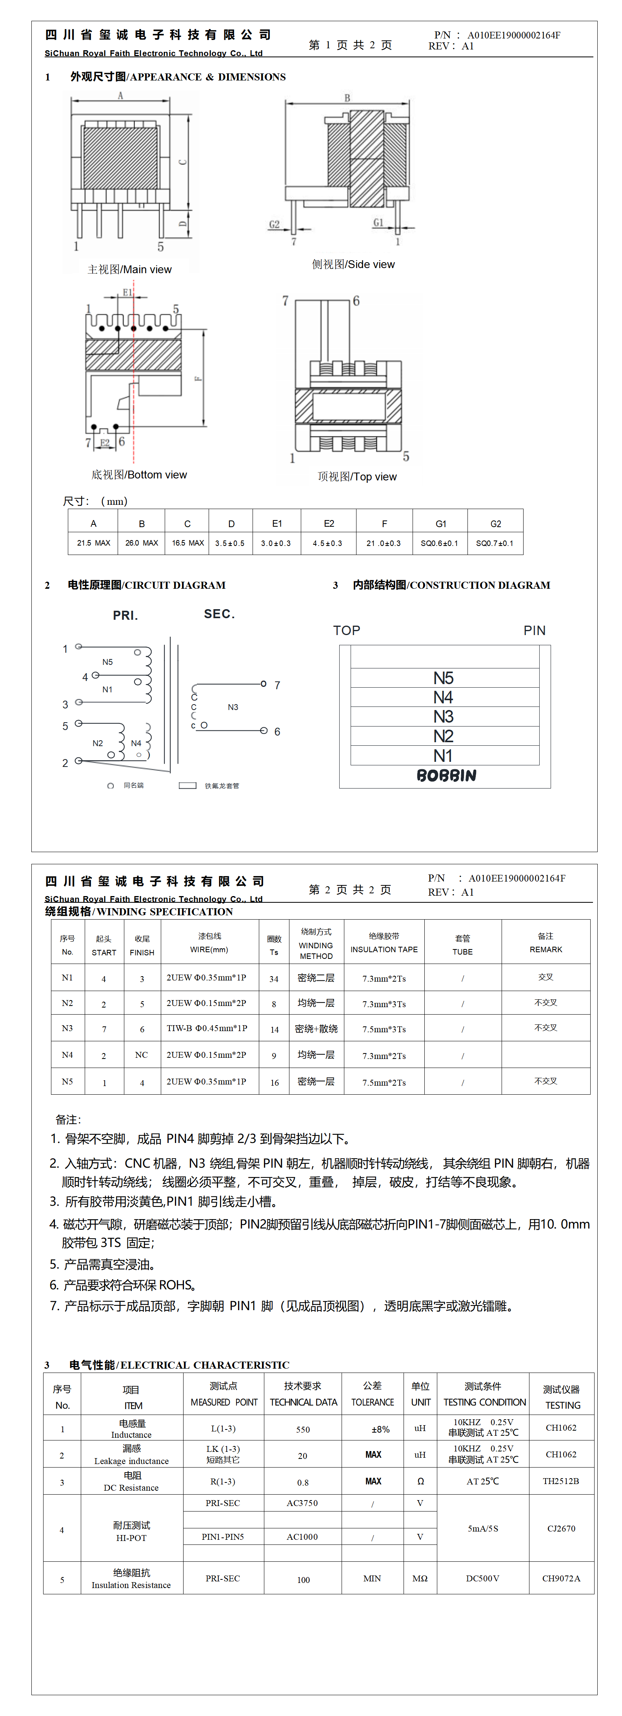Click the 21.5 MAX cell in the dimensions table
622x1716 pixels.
coord(93,543)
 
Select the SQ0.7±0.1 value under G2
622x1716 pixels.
coord(495,543)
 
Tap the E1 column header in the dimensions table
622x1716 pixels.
coord(277,524)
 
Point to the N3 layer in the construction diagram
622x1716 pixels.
coord(444,717)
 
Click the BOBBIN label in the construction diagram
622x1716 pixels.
coord(446,776)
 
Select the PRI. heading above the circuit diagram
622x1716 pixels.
coord(125,615)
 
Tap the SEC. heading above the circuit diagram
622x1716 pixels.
coord(219,613)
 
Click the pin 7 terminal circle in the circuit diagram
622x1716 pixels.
coord(264,684)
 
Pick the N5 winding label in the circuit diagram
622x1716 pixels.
coord(107,662)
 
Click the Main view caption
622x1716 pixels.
coord(130,269)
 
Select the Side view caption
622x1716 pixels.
coord(353,265)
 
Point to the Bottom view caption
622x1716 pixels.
coord(139,475)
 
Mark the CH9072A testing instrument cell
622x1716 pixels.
coord(561,1579)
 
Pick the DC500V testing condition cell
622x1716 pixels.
coord(482,1579)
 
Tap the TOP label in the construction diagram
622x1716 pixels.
coord(346,630)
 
